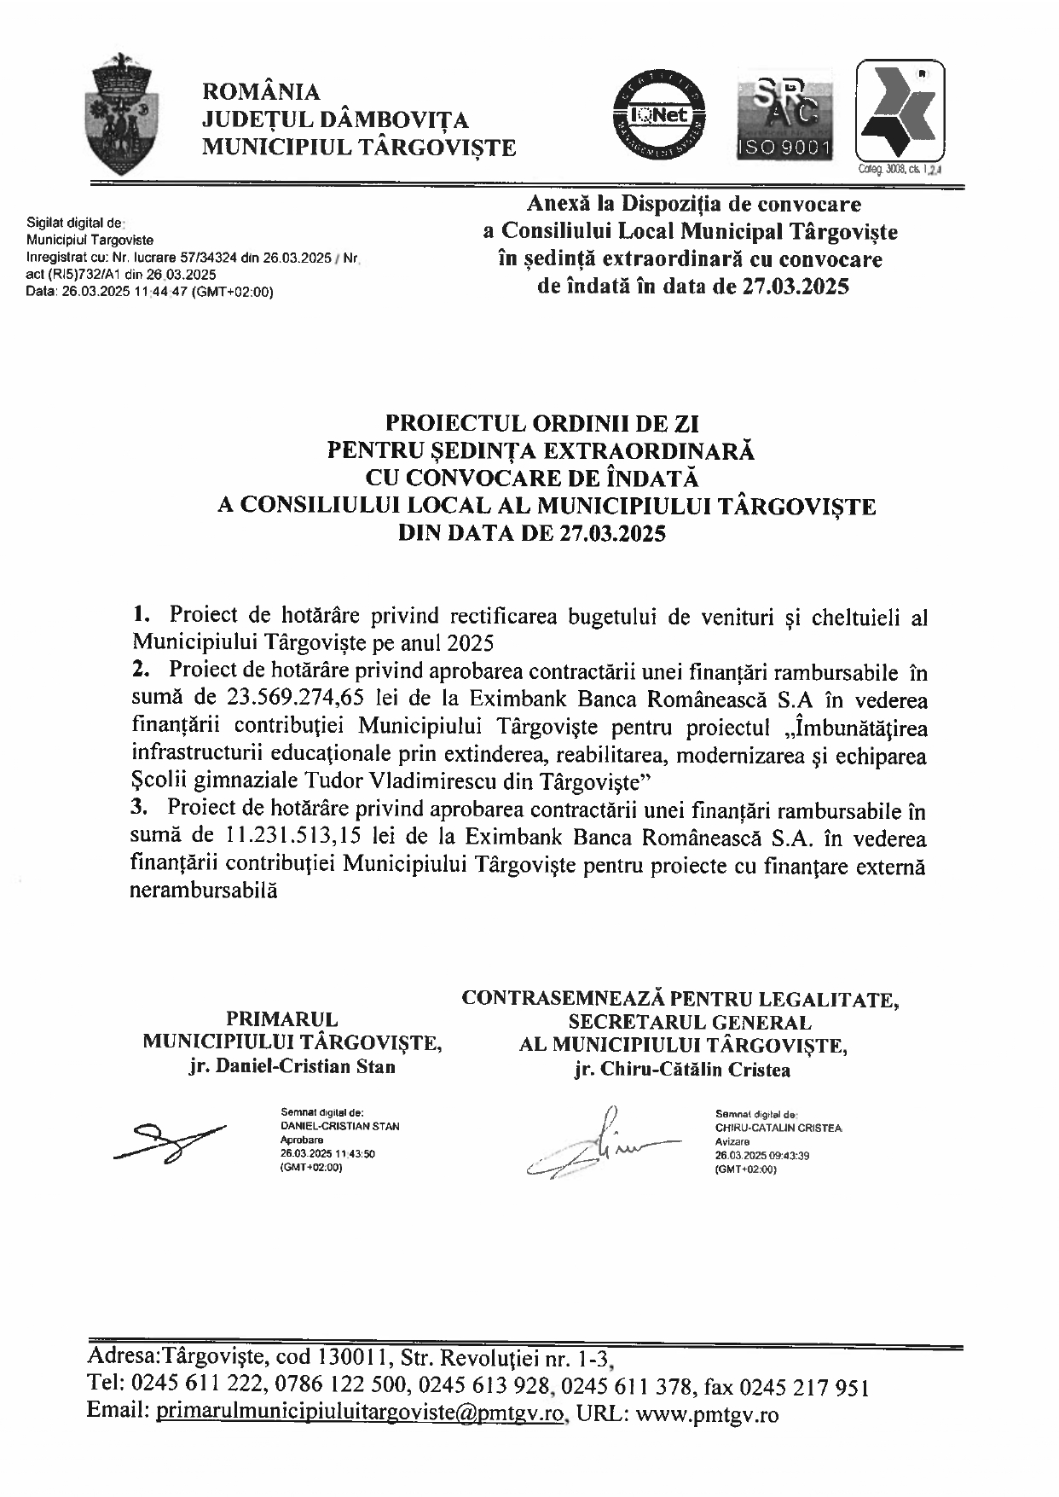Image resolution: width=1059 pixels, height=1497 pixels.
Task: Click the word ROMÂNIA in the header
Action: pos(261,91)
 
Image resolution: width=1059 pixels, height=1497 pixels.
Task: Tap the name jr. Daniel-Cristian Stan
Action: pos(292,1066)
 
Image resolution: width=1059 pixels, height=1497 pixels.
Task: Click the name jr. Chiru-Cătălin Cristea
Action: pos(682,1070)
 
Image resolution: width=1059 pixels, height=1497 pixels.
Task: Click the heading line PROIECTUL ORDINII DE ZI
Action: pos(542,424)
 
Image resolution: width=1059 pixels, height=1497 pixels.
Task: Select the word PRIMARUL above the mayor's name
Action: pos(281,1019)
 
